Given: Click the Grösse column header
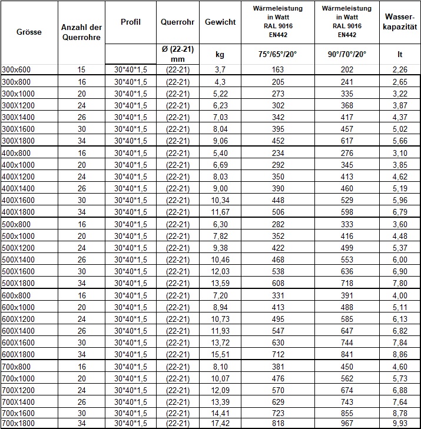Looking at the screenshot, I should point(29,32).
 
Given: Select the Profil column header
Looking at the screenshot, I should point(130,22).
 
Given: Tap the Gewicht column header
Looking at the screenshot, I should point(220,22).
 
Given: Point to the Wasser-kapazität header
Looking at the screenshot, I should point(400,22).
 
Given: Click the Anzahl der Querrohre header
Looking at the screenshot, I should point(81,32).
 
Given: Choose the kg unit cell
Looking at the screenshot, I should point(220,54).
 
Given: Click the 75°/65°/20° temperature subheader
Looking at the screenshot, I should point(278,54).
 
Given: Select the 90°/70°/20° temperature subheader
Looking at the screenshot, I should point(347,54).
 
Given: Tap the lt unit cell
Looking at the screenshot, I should point(400,54).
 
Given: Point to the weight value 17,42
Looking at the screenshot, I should point(220,423).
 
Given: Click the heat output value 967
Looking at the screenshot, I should point(347,423).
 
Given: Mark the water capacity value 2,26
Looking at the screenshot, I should point(400,69).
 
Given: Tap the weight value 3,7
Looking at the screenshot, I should point(220,69).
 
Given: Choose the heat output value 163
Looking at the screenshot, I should point(278,69).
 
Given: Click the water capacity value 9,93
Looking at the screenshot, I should point(400,423).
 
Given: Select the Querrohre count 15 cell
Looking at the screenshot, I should point(81,69).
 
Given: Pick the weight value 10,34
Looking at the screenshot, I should point(220,200).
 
